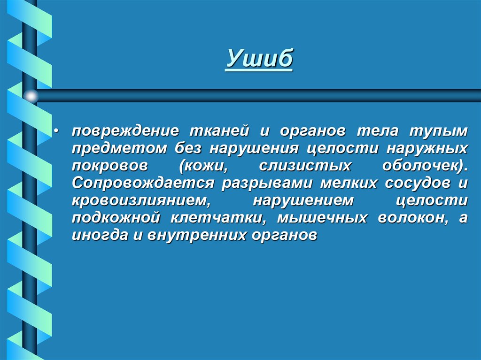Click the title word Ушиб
(259, 59)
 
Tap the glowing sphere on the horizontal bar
(31, 96)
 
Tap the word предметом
(120, 149)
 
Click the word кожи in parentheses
(202, 166)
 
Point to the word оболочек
(423, 166)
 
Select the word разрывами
(270, 184)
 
